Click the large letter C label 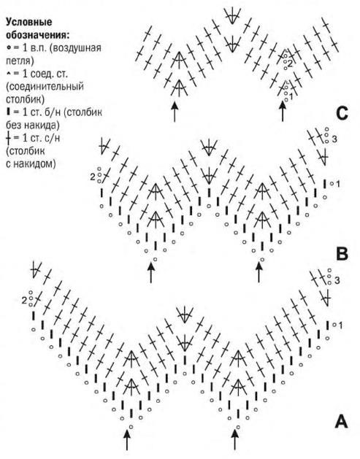[342, 114]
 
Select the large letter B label [342, 254]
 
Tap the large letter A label [341, 422]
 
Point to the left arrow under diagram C [175, 112]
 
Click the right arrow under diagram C [283, 111]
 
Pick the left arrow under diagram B [151, 273]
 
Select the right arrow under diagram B [258, 272]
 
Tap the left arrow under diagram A [127, 440]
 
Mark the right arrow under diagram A [234, 439]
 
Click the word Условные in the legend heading [29, 22]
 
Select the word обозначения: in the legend [38, 35]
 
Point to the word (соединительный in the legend [45, 87]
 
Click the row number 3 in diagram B [334, 139]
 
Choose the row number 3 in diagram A [337, 280]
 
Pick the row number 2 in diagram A [24, 300]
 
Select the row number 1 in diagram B [338, 184]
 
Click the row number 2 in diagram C [290, 63]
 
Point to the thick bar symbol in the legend [8, 112]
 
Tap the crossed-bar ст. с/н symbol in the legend [7, 138]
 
